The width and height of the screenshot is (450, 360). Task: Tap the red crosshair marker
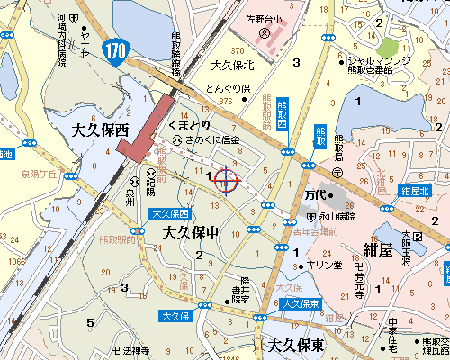(x=226, y=180)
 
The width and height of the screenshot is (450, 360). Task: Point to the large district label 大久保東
(x=298, y=345)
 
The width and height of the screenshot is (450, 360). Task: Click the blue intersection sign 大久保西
(x=169, y=214)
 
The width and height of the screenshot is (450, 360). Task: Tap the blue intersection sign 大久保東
(x=301, y=304)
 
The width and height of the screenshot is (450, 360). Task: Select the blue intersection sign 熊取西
(x=283, y=114)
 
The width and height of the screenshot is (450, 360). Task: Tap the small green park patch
(x=387, y=47)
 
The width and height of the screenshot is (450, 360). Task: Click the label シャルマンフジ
(x=378, y=59)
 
